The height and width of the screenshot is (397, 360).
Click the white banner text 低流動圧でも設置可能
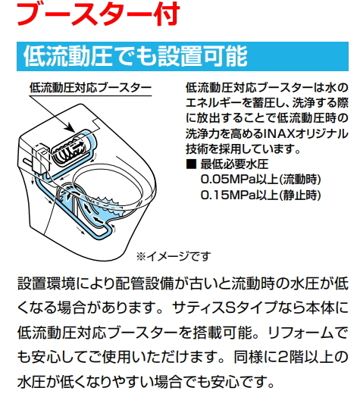click(136, 56)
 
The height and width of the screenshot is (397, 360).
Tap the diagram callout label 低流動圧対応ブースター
click(90, 88)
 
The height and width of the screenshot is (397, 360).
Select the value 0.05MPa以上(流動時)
click(261, 180)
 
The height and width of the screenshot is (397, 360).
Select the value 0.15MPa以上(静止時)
click(261, 195)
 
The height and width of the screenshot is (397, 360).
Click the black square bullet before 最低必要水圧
click(191, 164)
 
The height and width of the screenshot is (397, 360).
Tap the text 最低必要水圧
click(234, 164)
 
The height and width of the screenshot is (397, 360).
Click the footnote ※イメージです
click(174, 257)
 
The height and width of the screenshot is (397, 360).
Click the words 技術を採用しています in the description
click(243, 149)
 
